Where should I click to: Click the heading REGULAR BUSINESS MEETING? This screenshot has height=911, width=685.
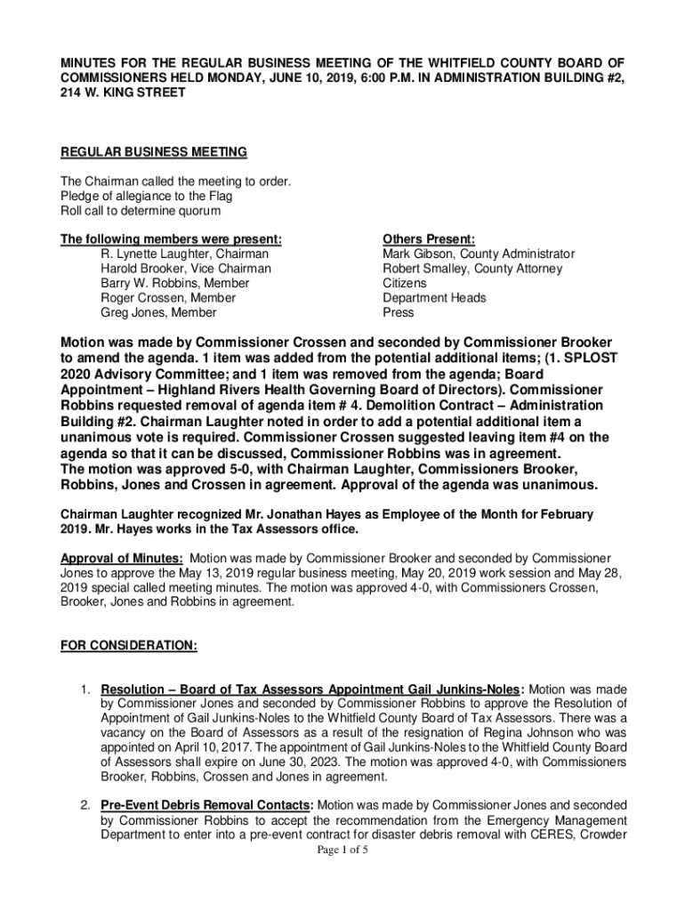pyautogui.click(x=153, y=153)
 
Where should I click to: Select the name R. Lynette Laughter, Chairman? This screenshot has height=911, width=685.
pyautogui.click(x=184, y=254)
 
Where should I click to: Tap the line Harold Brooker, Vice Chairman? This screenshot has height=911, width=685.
pyautogui.click(x=186, y=269)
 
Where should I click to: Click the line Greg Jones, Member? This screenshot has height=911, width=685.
pyautogui.click(x=158, y=313)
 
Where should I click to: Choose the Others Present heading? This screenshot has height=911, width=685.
pyautogui.click(x=429, y=239)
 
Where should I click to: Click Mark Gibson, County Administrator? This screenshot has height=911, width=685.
pyautogui.click(x=479, y=254)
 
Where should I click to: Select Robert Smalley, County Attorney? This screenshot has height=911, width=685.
pyautogui.click(x=472, y=269)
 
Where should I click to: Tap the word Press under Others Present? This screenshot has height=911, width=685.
pyautogui.click(x=399, y=313)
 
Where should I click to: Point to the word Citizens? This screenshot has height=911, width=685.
pyautogui.click(x=405, y=284)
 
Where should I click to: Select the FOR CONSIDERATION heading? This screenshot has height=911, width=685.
pyautogui.click(x=128, y=647)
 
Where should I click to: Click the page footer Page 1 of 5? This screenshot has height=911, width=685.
pyautogui.click(x=342, y=851)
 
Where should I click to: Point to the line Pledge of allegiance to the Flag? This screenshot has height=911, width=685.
pyautogui.click(x=146, y=197)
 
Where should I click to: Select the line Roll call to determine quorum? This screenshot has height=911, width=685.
pyautogui.click(x=141, y=211)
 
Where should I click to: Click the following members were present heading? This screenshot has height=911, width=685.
pyautogui.click(x=171, y=239)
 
